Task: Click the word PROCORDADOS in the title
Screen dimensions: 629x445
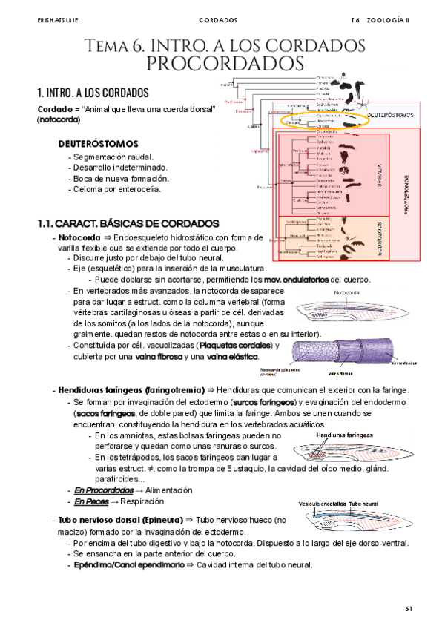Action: tap(226, 62)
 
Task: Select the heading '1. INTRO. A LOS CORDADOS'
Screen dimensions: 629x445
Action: tap(93, 93)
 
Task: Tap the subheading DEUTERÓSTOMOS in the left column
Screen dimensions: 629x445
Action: tap(97, 142)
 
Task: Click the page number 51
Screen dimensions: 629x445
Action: tap(408, 608)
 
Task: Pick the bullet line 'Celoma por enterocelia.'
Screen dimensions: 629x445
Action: tap(117, 189)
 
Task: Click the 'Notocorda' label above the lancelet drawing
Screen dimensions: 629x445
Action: tap(347, 293)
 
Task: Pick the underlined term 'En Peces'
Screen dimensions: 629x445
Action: tap(92, 502)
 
